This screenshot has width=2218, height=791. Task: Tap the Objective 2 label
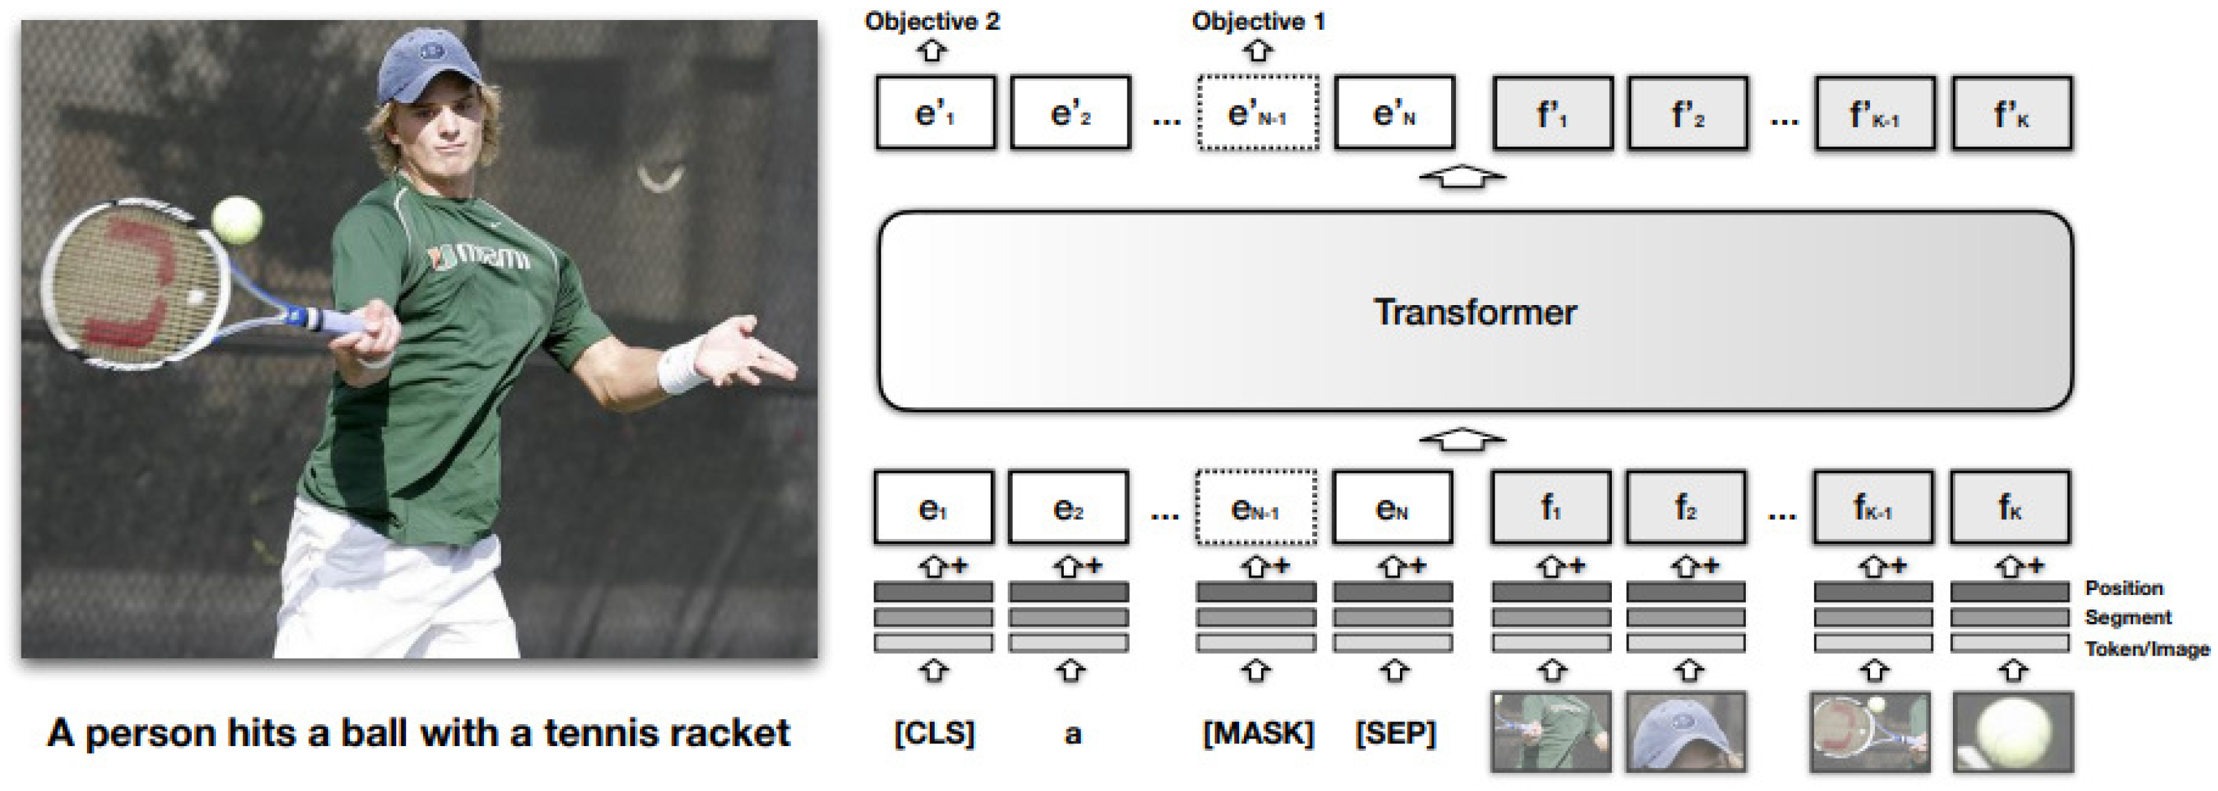tap(932, 21)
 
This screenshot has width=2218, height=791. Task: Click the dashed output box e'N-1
tap(1257, 113)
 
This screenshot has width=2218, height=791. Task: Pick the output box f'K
tap(2012, 113)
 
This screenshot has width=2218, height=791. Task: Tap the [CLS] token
tap(934, 733)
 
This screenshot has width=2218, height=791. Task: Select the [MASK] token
tap(1258, 733)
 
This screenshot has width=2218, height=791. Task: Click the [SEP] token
tap(1395, 733)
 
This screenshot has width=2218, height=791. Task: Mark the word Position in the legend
tap(2123, 589)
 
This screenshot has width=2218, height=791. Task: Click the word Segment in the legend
tap(2128, 618)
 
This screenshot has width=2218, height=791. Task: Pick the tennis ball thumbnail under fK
tap(2012, 732)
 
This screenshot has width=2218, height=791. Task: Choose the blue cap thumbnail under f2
tap(1685, 732)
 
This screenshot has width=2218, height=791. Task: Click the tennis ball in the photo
tap(236, 220)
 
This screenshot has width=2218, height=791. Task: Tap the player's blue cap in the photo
tap(428, 66)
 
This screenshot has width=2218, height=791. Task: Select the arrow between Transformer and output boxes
tap(1462, 177)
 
